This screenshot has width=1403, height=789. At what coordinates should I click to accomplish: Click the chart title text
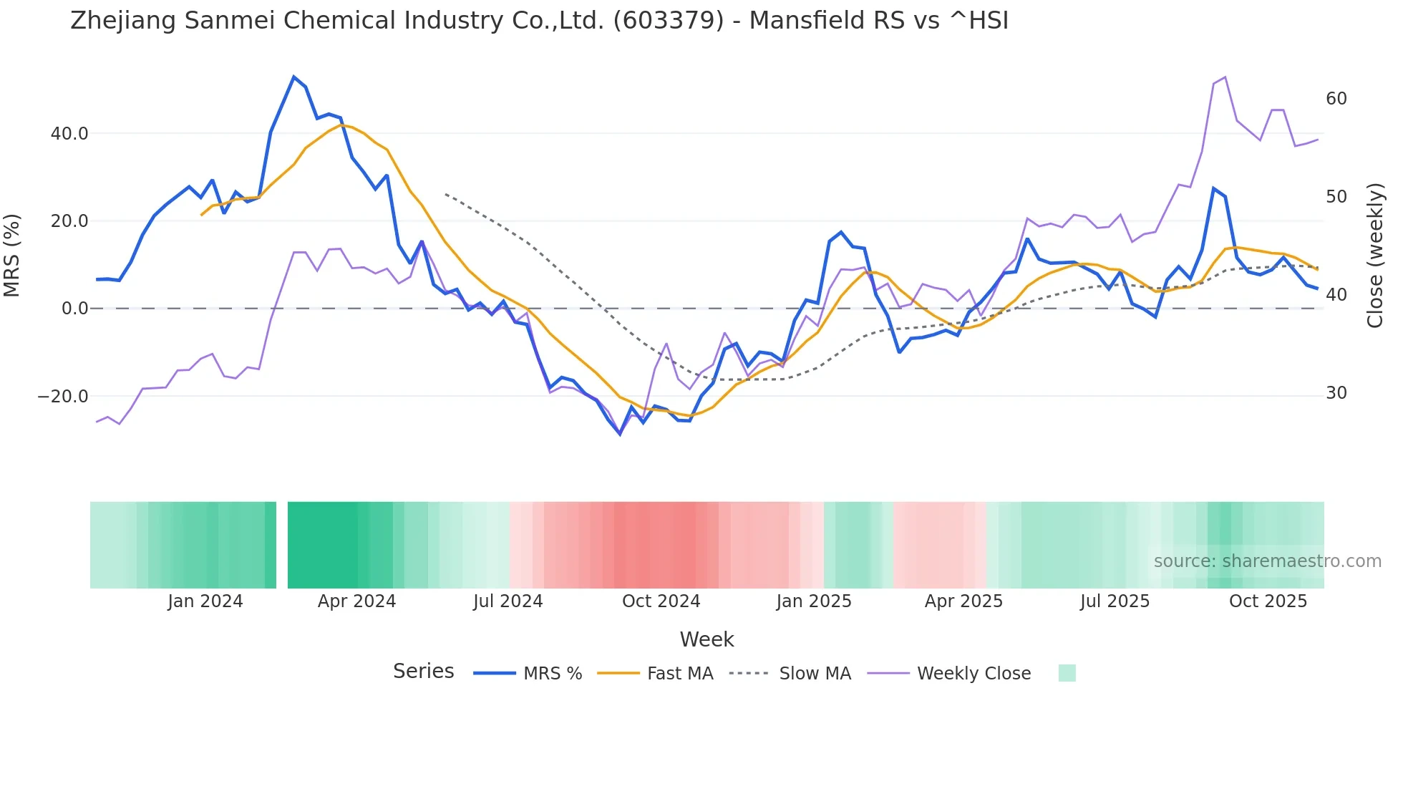[x=539, y=21]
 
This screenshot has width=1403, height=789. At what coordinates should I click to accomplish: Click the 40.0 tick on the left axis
[x=69, y=134]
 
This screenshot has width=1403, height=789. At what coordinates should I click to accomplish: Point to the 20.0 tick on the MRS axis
[x=69, y=221]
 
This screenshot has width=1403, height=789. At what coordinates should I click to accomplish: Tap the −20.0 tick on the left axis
[x=63, y=397]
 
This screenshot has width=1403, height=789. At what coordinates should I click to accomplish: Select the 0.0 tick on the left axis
[x=75, y=309]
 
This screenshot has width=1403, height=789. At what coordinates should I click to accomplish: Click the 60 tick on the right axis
[x=1336, y=99]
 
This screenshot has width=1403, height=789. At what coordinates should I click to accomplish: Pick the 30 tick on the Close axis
[x=1336, y=393]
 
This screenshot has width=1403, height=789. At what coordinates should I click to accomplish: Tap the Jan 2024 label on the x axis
[x=205, y=601]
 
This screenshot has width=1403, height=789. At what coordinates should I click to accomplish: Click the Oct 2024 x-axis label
[x=661, y=601]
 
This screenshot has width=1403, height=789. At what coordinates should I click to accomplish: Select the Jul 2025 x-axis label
[x=1115, y=601]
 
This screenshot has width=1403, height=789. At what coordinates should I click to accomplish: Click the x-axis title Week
[x=707, y=639]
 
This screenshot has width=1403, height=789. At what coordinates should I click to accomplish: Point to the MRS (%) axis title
[x=12, y=255]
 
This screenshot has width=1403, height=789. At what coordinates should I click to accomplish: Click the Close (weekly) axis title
[x=1374, y=255]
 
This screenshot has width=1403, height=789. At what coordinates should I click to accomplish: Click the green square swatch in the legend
[x=1067, y=673]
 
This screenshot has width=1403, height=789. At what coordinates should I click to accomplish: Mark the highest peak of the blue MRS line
[x=293, y=77]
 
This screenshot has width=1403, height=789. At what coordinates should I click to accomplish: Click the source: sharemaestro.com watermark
[x=1267, y=561]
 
